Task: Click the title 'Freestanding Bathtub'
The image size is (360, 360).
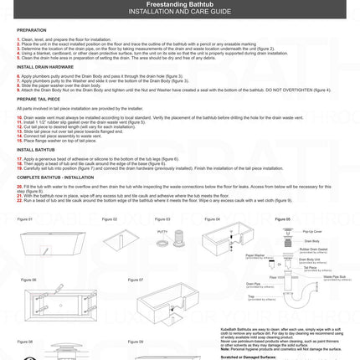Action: coord(180,8)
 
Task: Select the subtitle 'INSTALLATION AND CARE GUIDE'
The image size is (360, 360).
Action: coord(180,16)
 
